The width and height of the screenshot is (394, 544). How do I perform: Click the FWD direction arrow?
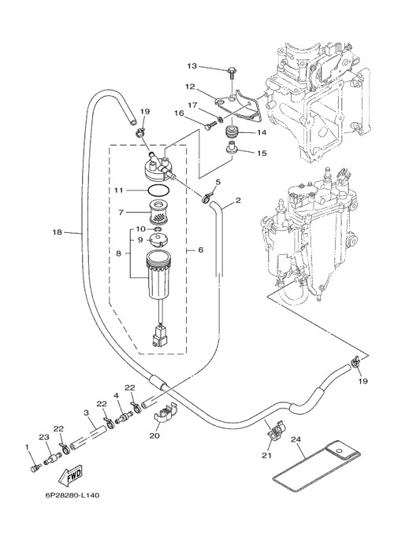click(x=70, y=476)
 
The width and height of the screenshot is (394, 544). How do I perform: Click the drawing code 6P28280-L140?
click(x=72, y=495)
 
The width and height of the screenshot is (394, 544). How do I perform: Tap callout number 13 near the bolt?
click(x=192, y=66)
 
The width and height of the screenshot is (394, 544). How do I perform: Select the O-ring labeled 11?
click(x=158, y=191)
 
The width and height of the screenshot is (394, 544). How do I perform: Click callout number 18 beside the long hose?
click(x=58, y=232)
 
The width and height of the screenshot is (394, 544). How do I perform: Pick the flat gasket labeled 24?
click(x=316, y=465)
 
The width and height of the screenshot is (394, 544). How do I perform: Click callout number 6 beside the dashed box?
click(x=200, y=250)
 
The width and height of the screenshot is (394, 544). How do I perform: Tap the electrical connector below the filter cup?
click(x=159, y=336)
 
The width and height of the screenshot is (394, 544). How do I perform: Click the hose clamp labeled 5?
click(x=207, y=198)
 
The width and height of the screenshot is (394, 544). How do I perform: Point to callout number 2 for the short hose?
click(x=238, y=200)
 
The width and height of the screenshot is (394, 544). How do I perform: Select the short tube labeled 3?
click(x=87, y=439)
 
